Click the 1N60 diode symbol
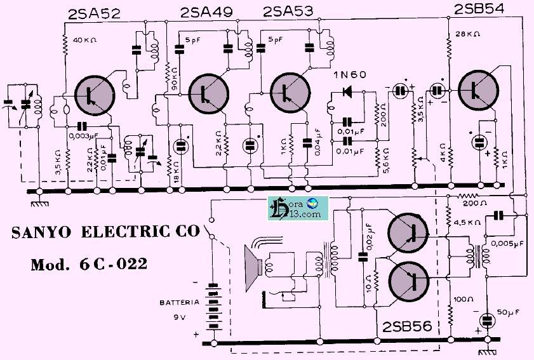(347, 91)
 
